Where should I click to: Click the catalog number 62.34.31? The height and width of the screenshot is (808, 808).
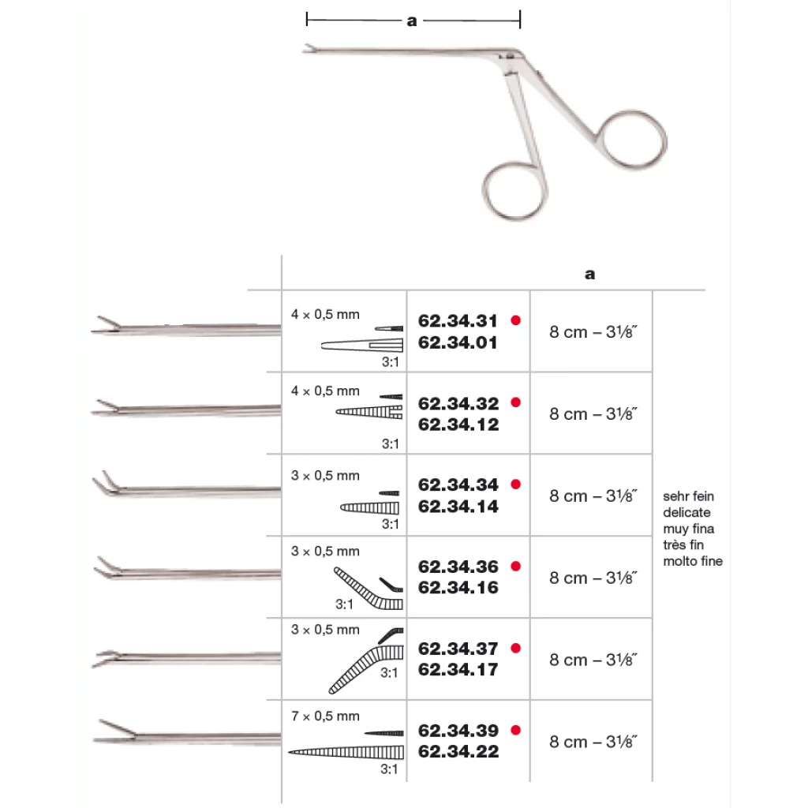[458, 321]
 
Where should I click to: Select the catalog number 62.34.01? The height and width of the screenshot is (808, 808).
[458, 343]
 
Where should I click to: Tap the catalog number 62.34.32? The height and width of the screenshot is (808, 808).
[458, 403]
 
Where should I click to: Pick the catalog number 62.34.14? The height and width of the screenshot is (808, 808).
[458, 507]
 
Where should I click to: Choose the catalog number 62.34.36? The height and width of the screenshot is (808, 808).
[458, 567]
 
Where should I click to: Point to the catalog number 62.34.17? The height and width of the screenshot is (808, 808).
[458, 670]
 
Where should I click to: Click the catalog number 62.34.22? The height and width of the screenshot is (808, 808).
[458, 752]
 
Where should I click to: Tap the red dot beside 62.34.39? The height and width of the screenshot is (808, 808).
[516, 730]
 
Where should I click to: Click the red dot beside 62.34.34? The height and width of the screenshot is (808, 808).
[516, 484]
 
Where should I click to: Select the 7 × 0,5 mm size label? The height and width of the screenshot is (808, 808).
[325, 716]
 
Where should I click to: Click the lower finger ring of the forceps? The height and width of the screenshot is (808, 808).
[513, 192]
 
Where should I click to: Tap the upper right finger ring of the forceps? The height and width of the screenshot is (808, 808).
[634, 138]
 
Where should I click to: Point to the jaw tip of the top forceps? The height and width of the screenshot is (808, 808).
[306, 52]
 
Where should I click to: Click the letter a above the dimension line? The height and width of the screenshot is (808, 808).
[412, 21]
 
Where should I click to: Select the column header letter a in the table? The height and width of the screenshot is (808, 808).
[590, 275]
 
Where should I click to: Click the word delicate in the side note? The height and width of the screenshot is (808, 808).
[686, 513]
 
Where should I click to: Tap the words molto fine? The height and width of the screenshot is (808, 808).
[693, 562]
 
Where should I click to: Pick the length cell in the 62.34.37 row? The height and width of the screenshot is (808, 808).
[593, 660]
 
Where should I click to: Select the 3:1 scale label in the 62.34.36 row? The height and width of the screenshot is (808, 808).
[343, 604]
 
